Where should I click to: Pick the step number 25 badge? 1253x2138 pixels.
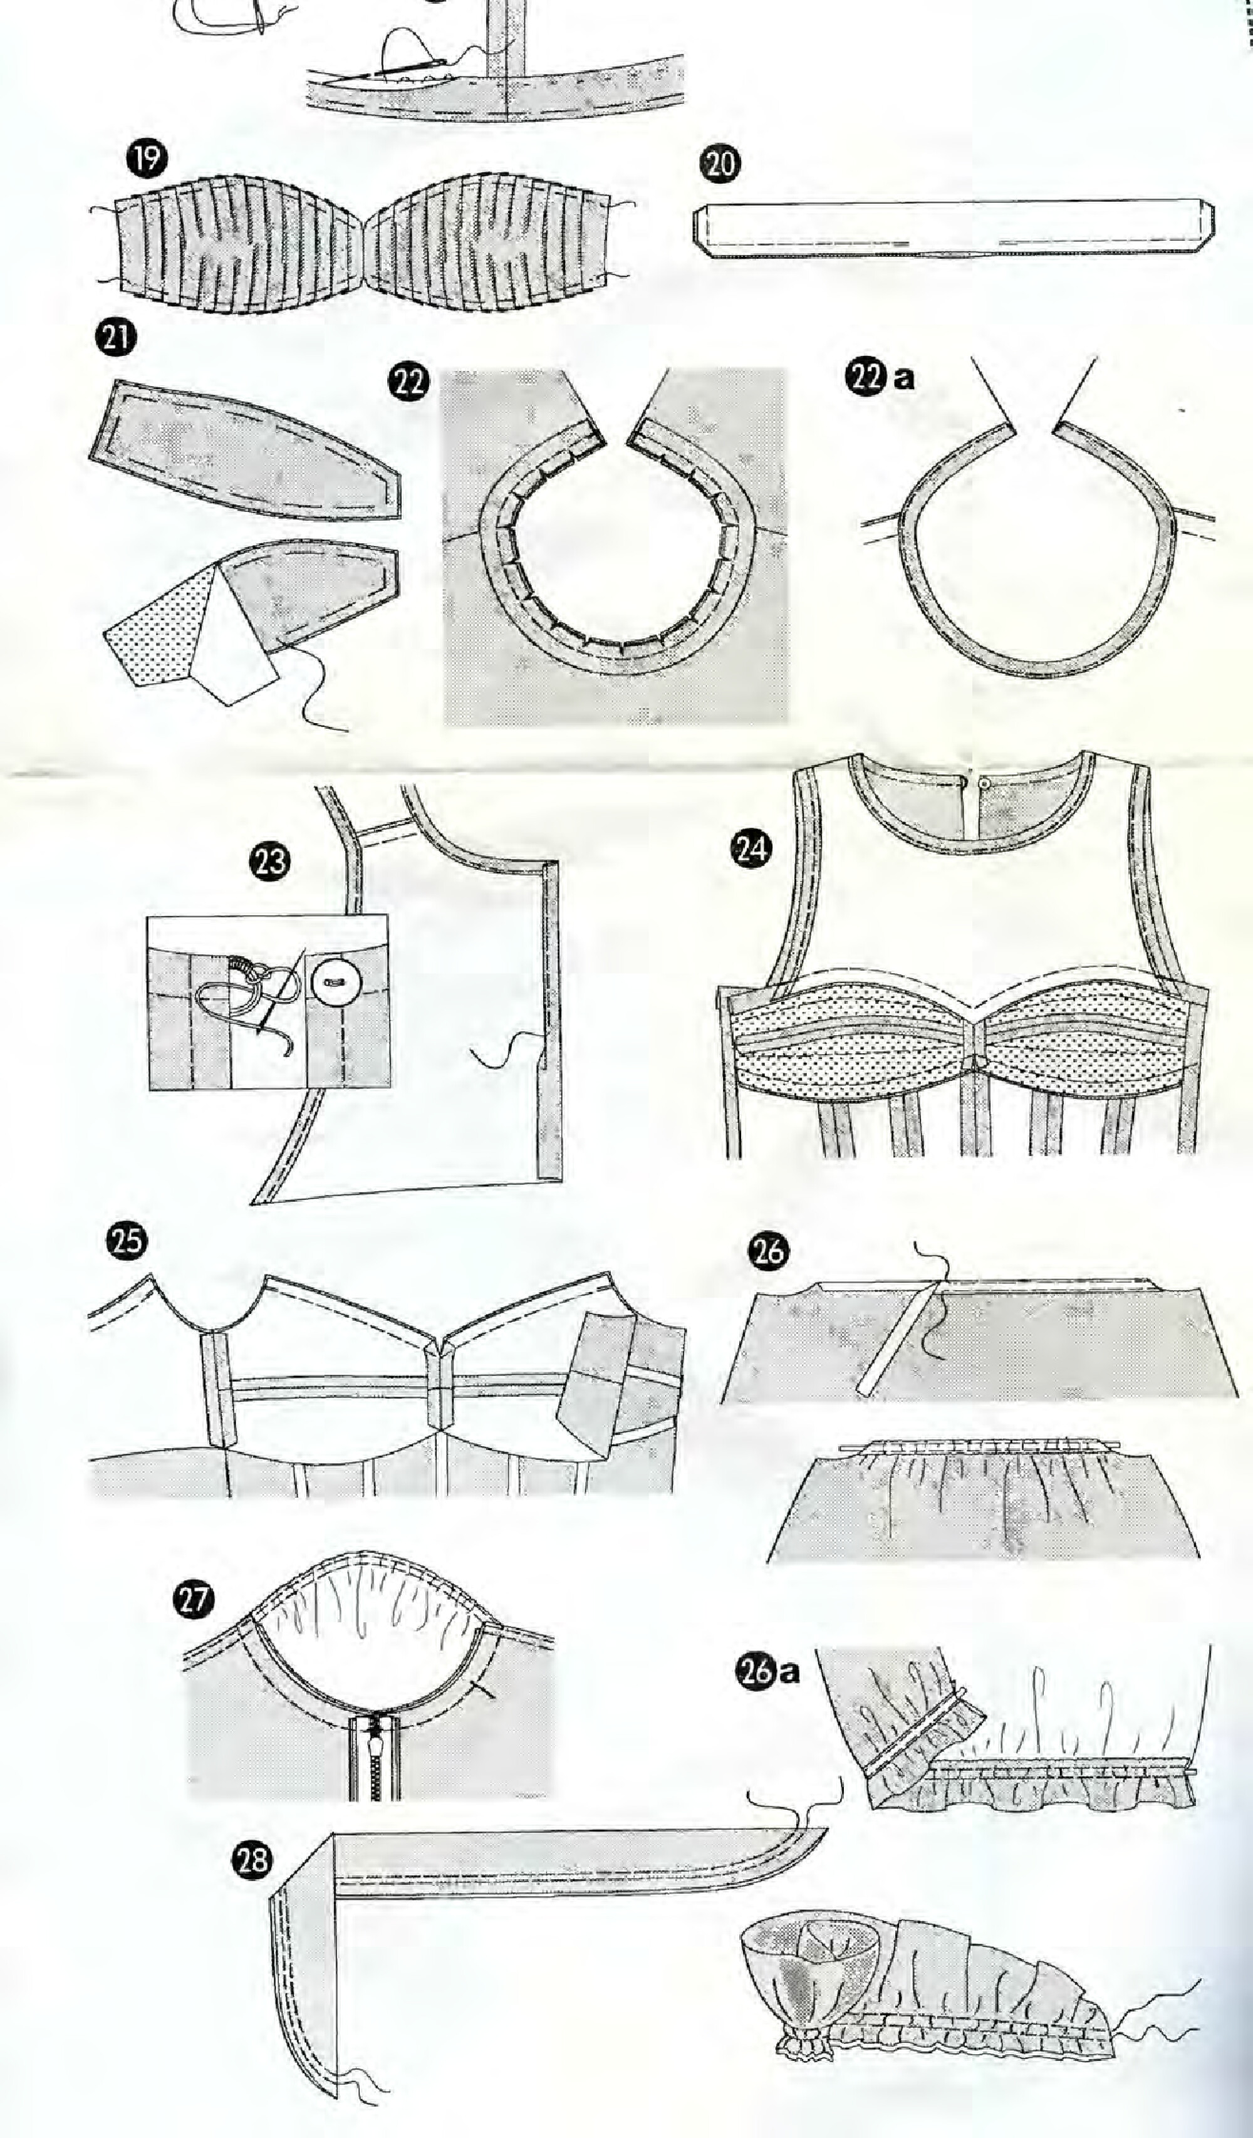pyautogui.click(x=125, y=1241)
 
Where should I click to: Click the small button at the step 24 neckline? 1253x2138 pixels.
pyautogui.click(x=984, y=777)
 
